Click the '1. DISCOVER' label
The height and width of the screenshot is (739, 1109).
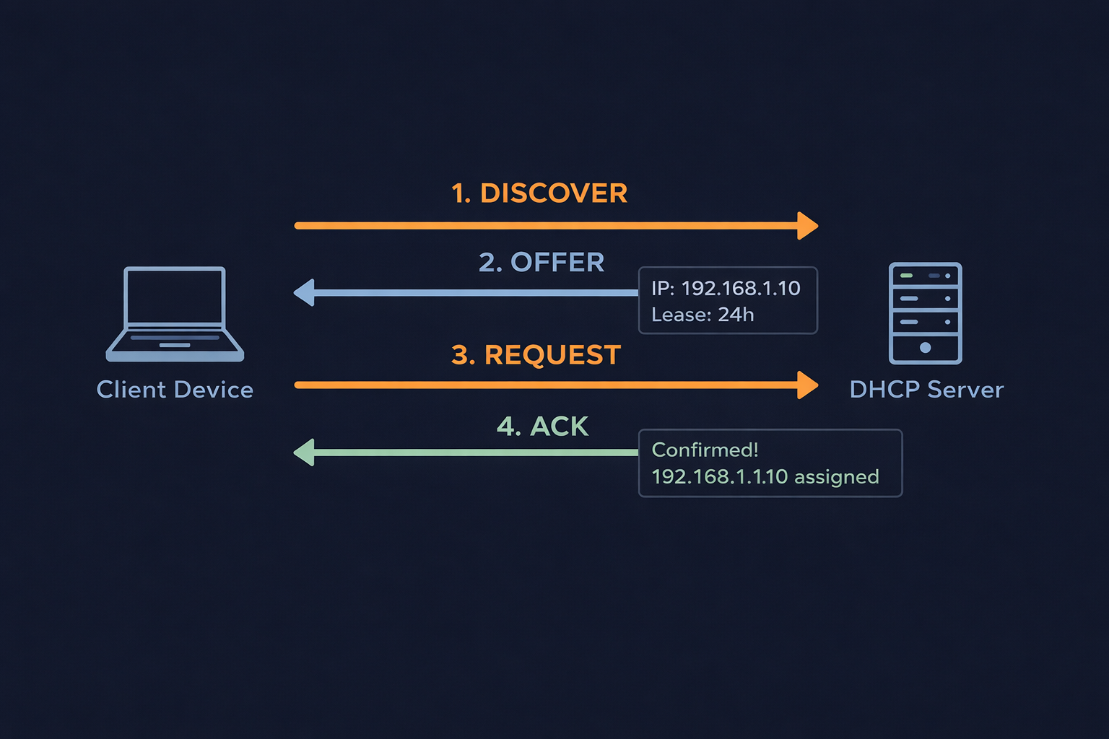pos(539,193)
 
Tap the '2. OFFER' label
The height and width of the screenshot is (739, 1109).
pos(542,263)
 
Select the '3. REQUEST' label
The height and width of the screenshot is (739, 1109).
pos(536,355)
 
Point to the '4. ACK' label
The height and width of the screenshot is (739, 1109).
pos(542,427)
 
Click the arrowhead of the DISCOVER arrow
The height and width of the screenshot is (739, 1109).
pos(808,226)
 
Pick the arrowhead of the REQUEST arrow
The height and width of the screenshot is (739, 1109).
pos(808,385)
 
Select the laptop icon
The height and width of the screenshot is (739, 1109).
pos(175,315)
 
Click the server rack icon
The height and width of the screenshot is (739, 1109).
pos(925,313)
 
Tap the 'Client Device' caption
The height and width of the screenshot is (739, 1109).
pos(175,390)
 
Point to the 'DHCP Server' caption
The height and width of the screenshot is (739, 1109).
pos(926,390)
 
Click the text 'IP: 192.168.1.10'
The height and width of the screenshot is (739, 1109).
pos(726,288)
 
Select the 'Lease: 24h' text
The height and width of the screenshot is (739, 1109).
pos(703,315)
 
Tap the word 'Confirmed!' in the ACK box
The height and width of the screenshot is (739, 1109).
pos(705,450)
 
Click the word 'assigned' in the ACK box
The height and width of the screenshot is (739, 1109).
pos(837,477)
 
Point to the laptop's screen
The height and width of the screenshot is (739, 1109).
pos(175,297)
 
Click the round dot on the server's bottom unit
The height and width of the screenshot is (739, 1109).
pos(925,348)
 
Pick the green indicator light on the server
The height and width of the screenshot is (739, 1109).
pos(906,276)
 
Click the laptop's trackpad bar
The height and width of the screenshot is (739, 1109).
pos(175,345)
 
